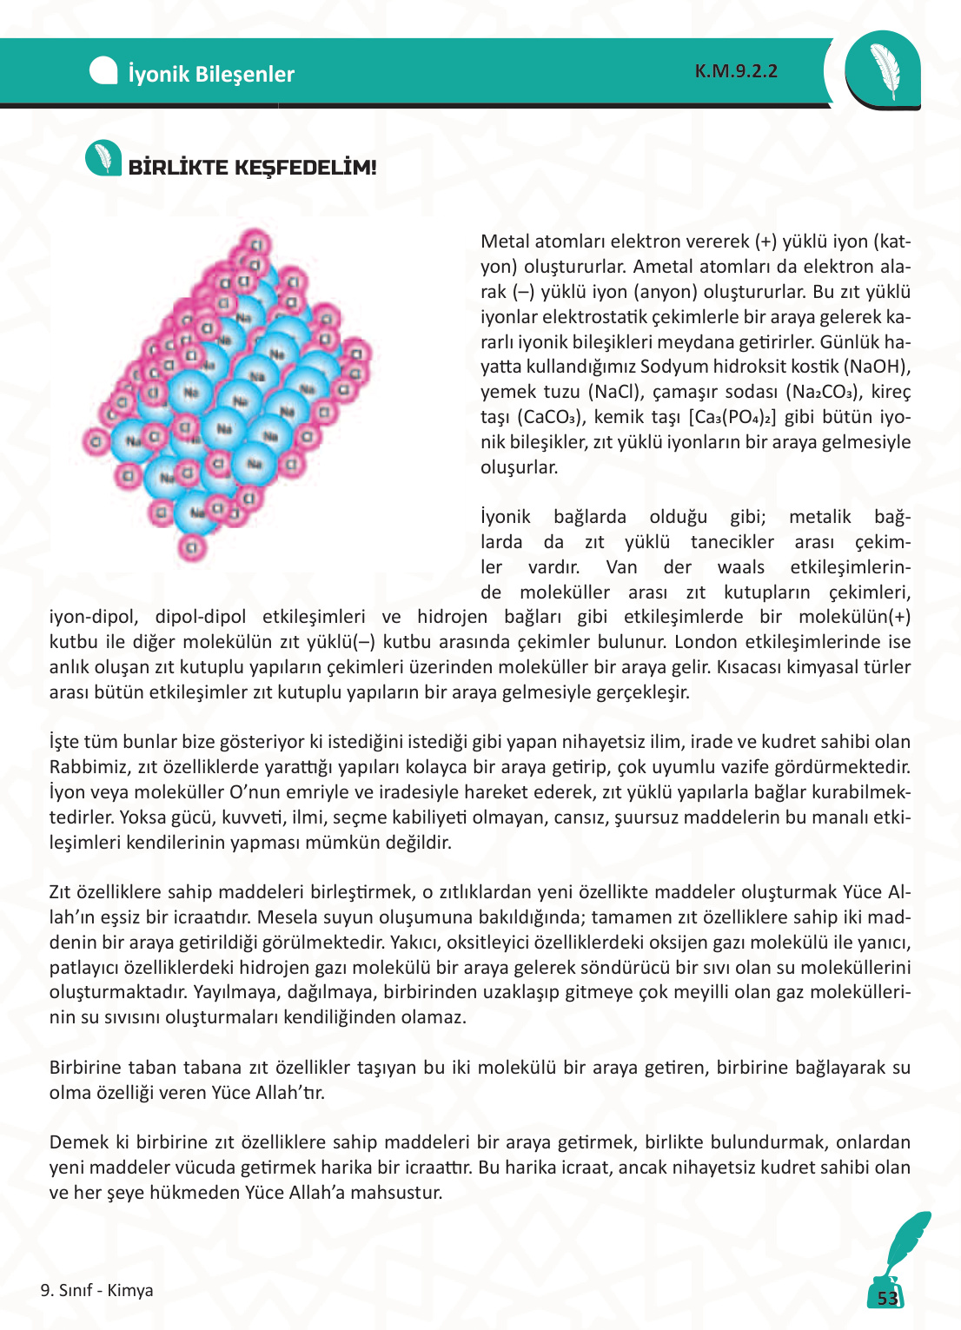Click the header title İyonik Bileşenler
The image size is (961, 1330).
point(211,74)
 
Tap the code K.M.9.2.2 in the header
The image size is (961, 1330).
point(736,71)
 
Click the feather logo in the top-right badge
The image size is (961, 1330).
point(884,70)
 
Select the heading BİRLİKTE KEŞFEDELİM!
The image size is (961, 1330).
point(252,168)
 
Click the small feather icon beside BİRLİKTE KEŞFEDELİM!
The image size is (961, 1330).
point(103,158)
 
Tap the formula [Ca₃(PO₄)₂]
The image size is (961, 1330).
point(732,417)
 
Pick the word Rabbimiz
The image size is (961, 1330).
point(85,767)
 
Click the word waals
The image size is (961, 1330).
point(740,567)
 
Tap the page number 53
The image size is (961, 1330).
point(887,1299)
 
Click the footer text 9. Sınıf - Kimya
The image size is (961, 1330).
point(96,1290)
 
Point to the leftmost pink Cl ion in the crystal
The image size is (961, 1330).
point(96,441)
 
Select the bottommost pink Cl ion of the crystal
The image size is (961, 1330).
point(192,547)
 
